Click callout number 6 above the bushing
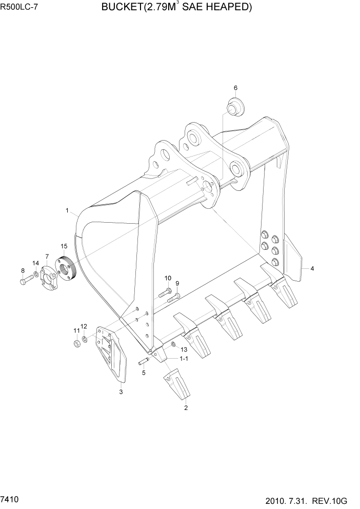(236, 88)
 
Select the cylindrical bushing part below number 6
(235, 109)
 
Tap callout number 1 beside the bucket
(67, 210)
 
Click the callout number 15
(64, 246)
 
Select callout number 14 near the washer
(35, 263)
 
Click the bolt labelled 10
(165, 293)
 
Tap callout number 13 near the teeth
(184, 349)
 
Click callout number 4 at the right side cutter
(312, 268)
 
